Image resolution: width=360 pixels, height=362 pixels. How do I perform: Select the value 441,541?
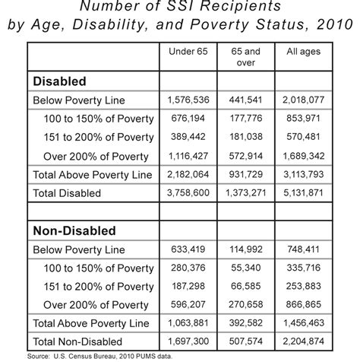click(x=246, y=100)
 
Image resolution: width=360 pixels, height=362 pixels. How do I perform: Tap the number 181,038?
click(x=246, y=136)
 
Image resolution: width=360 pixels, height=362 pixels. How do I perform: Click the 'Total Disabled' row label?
click(x=67, y=192)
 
